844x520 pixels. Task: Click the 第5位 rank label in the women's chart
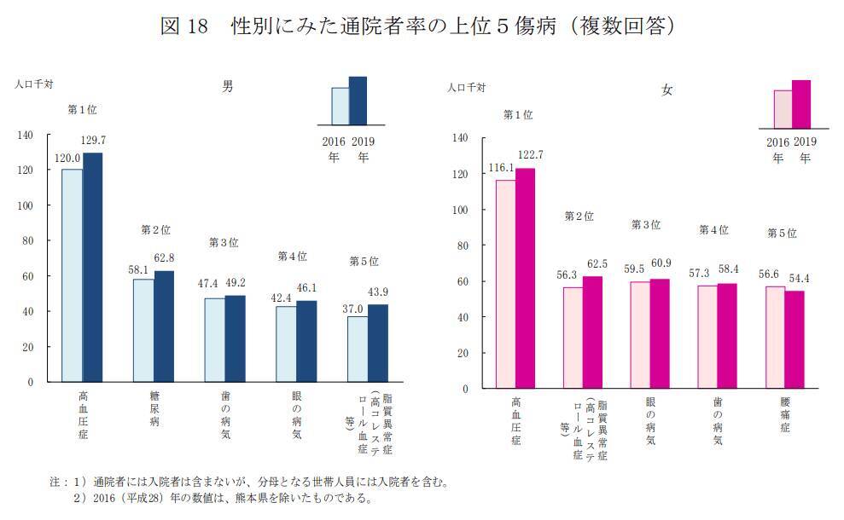pos(781,233)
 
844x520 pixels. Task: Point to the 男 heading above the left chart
pos(227,86)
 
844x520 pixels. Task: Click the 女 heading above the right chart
pos(666,90)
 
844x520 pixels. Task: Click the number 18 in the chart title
pos(198,26)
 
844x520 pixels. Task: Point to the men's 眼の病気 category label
pos(296,417)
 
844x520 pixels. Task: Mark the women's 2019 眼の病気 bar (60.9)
pos(659,333)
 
